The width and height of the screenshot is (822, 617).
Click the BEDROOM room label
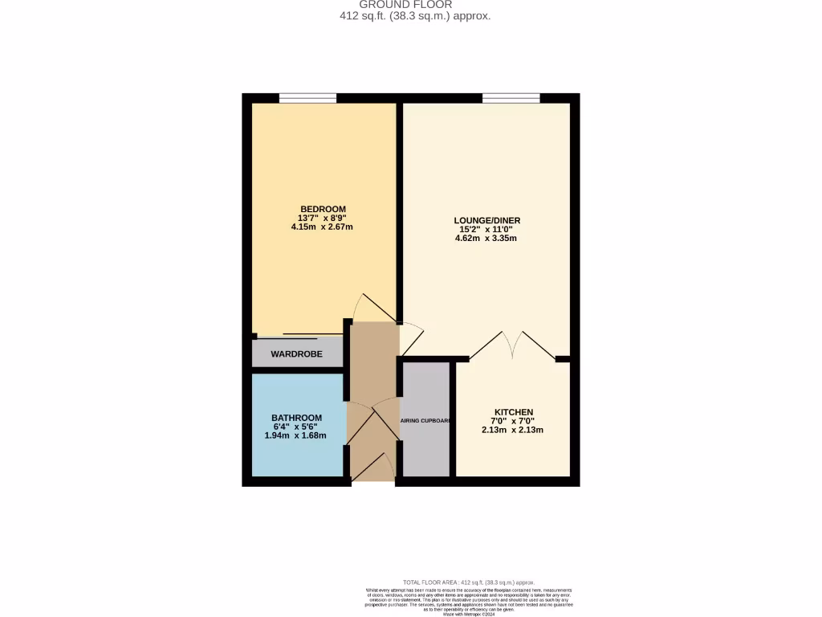(323, 209)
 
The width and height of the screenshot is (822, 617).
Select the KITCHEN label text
(513, 412)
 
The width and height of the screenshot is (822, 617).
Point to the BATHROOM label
(296, 418)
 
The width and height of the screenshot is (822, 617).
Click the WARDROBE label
(296, 353)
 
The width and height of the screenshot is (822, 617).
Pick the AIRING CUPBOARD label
(425, 420)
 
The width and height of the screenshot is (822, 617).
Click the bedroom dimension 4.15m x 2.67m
(323, 227)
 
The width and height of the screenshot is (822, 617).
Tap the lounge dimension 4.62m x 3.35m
(486, 238)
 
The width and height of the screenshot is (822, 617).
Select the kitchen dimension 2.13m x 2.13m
(513, 430)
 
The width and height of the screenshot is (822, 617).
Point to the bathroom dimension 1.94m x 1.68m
(296, 435)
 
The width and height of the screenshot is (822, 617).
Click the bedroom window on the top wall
(307, 98)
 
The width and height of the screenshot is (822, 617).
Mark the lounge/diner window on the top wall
(511, 98)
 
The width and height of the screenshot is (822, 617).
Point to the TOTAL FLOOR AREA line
(469, 582)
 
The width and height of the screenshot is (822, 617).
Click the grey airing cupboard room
(425, 450)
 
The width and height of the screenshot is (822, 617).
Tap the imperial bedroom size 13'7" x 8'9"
(323, 218)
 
